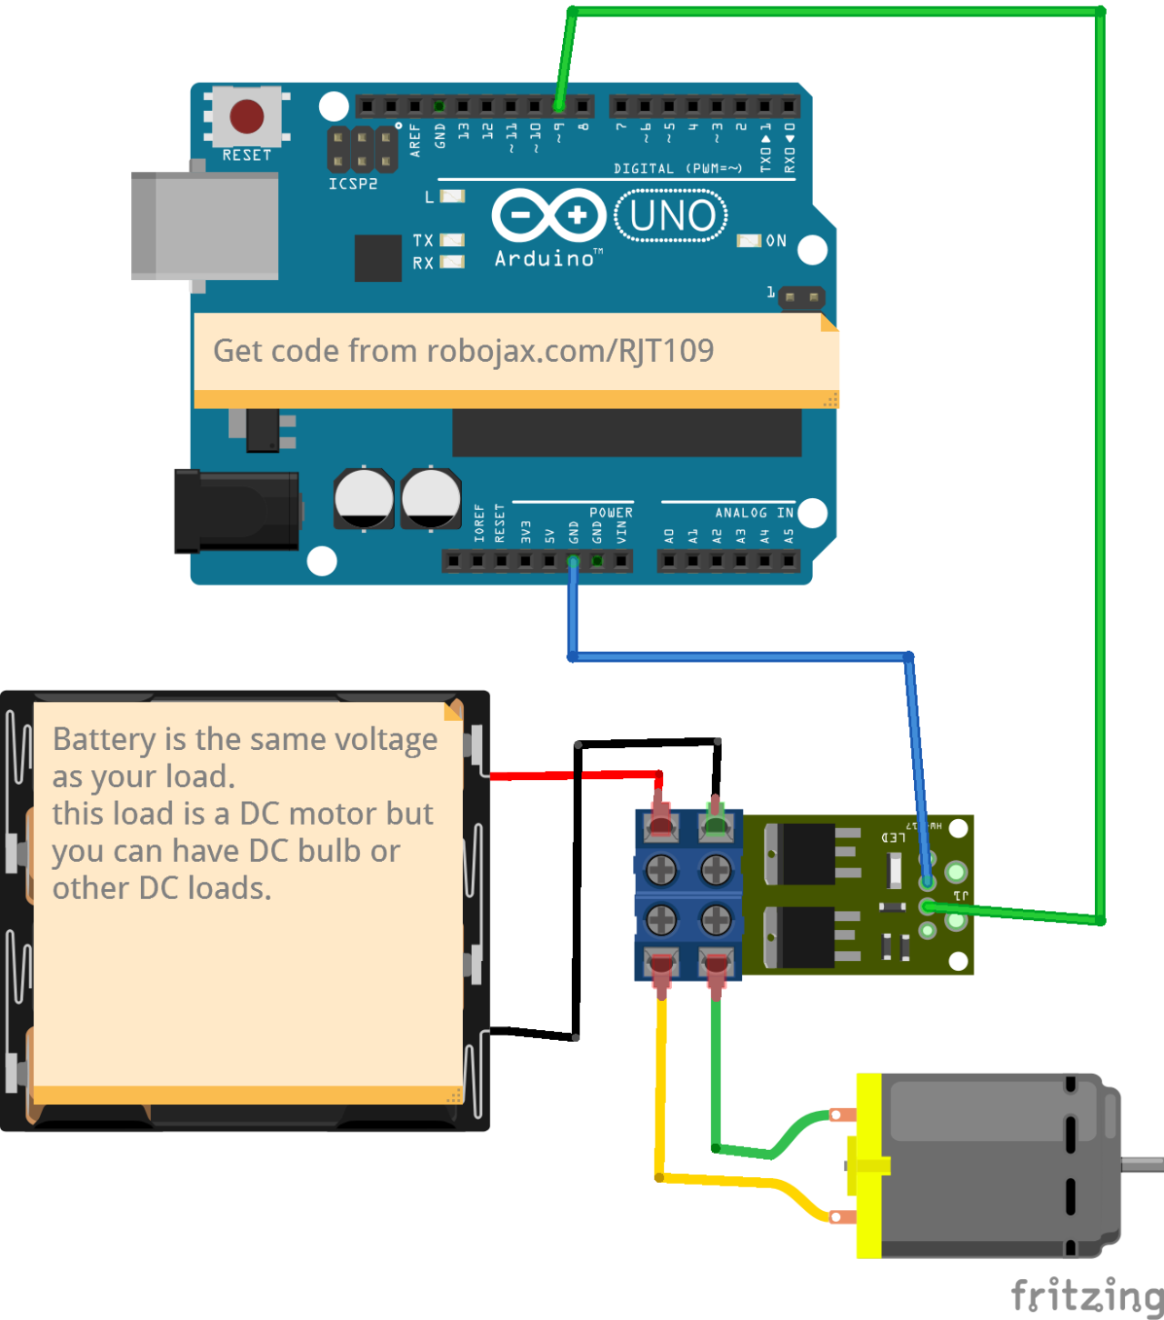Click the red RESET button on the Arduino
click(x=246, y=116)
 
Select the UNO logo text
click(x=672, y=216)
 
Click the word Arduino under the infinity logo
click(x=544, y=259)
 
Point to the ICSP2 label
click(x=353, y=184)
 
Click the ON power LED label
click(x=776, y=241)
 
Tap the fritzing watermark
click(x=1087, y=1295)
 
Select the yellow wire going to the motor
click(x=660, y=1091)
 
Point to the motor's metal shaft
click(x=1142, y=1164)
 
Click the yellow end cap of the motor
click(x=869, y=1166)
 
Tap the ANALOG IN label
click(x=754, y=513)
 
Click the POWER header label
click(x=611, y=513)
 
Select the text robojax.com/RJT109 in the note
click(x=570, y=351)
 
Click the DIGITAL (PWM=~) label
click(x=677, y=168)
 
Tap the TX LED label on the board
click(x=423, y=241)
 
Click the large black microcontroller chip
click(x=627, y=433)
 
